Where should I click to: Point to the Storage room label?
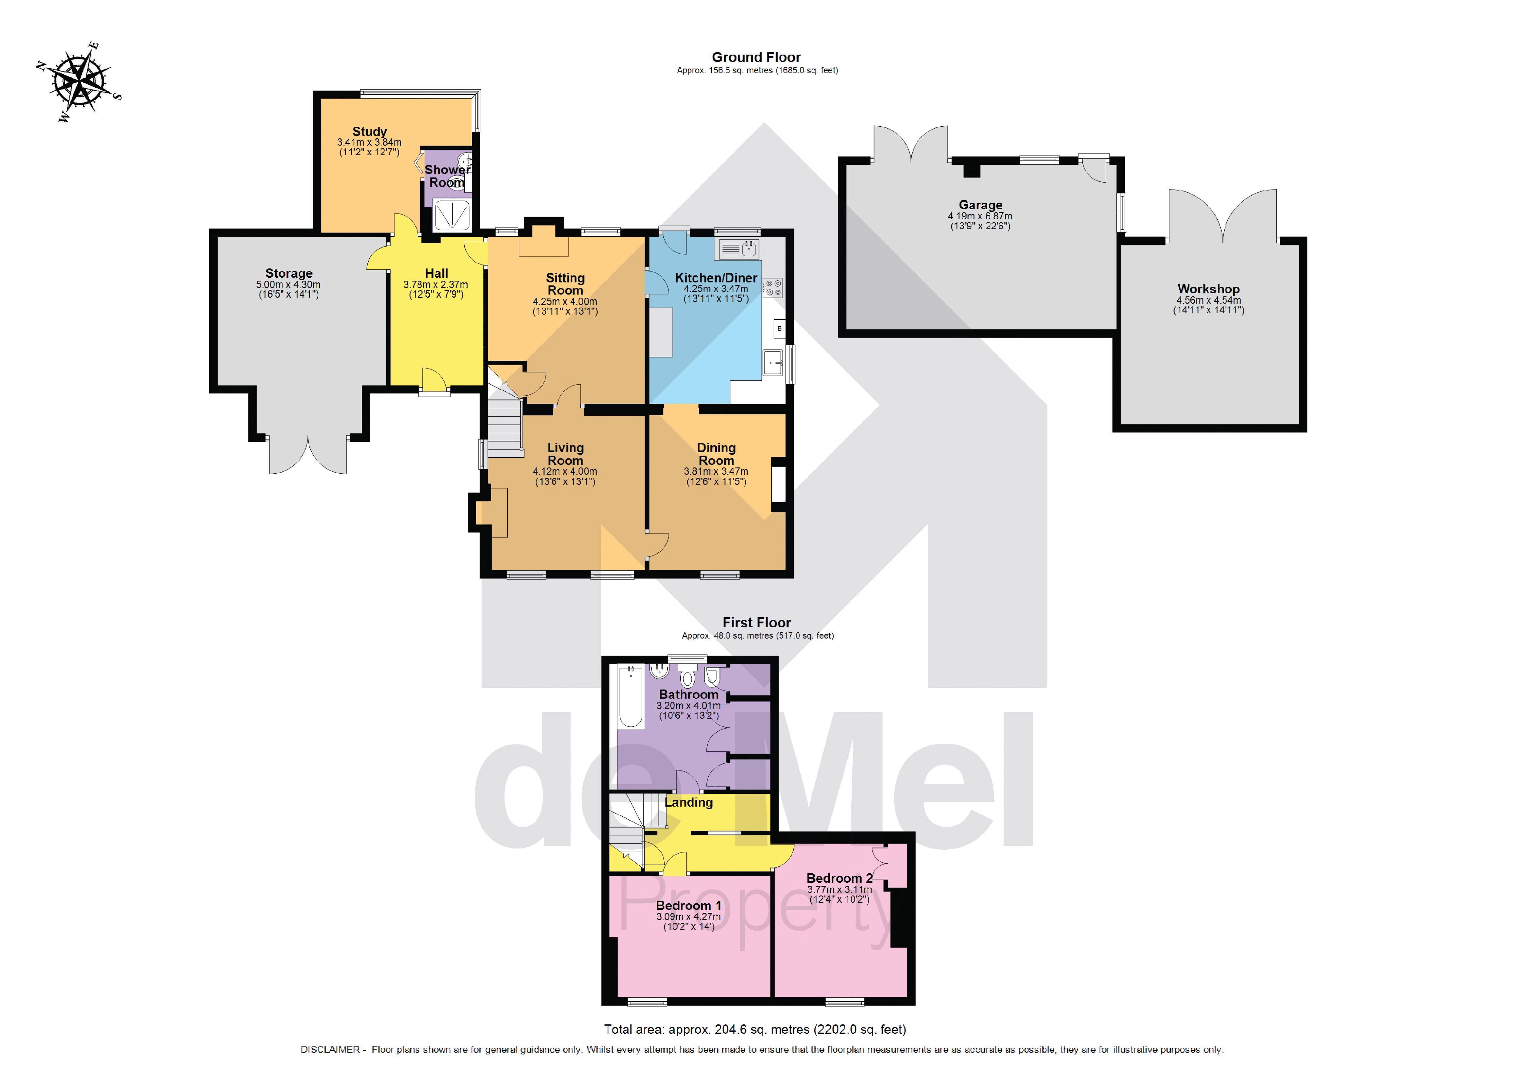(289, 274)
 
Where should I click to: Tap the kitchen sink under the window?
(738, 249)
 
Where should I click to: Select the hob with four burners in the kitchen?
(773, 287)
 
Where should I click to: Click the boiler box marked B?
(779, 328)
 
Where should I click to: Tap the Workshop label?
(1208, 289)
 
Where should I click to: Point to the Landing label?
(689, 802)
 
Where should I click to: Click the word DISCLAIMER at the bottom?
(330, 1049)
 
